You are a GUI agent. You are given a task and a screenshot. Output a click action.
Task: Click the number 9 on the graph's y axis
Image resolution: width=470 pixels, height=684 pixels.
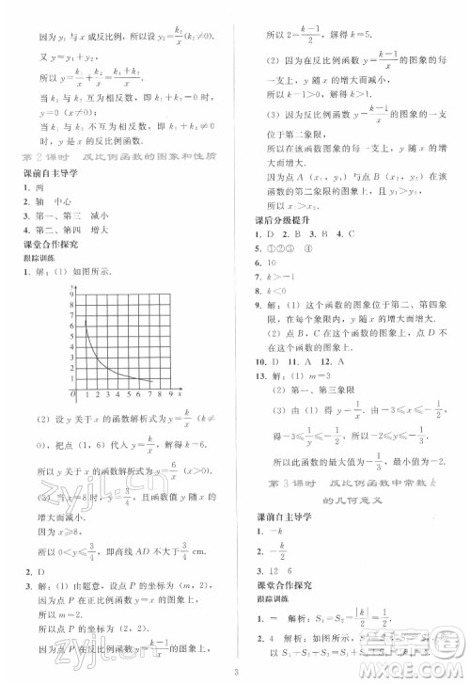pyautogui.click(x=72, y=295)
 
